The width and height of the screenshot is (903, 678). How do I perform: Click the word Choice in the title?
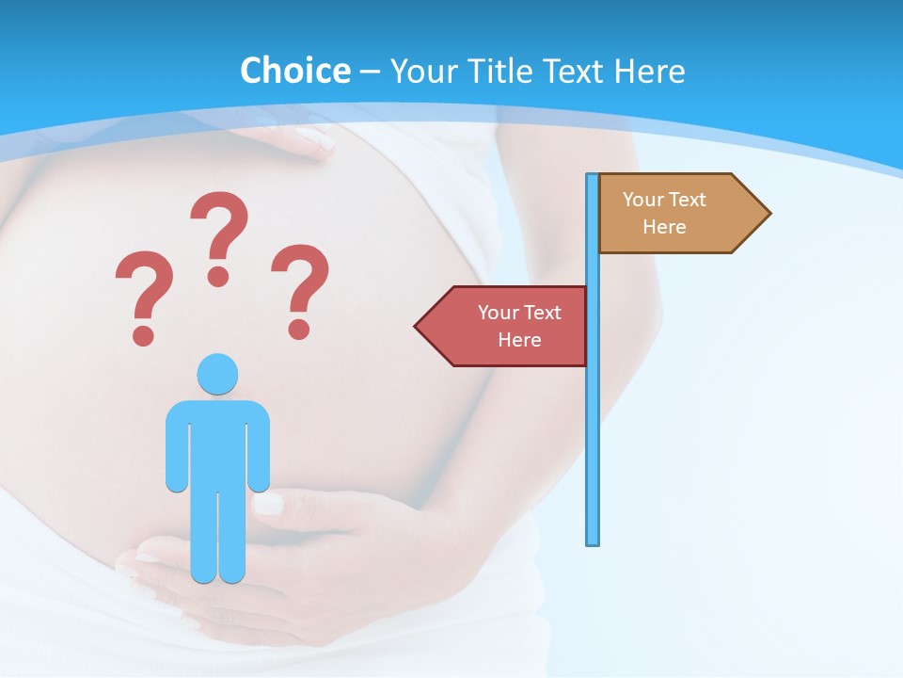pyautogui.click(x=294, y=71)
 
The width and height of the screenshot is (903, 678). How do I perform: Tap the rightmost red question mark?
pyautogui.click(x=300, y=288)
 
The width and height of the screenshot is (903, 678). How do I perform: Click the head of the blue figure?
pyautogui.click(x=217, y=374)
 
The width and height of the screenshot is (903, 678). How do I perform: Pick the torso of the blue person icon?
pyautogui.click(x=217, y=443)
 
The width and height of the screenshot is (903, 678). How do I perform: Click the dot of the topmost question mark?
pyautogui.click(x=218, y=275)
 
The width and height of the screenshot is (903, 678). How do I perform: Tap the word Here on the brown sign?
pyautogui.click(x=664, y=227)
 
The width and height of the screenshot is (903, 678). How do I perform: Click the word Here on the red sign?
pyautogui.click(x=519, y=340)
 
